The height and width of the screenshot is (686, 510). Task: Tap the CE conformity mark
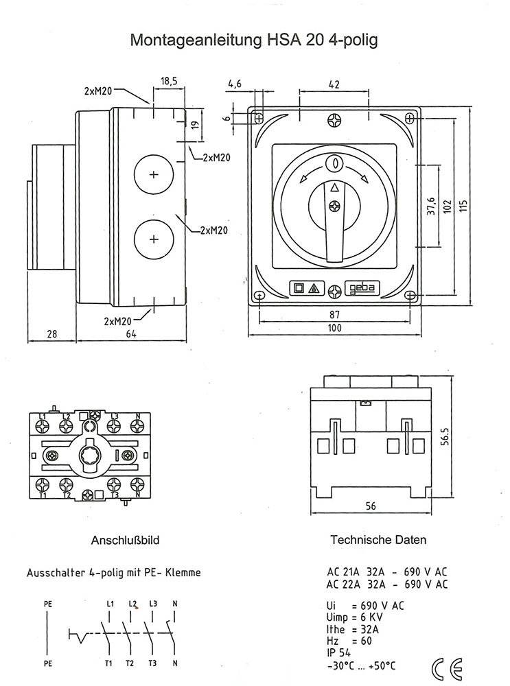point(447,667)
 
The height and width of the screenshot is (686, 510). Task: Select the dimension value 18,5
point(169,81)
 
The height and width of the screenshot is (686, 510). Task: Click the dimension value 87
point(334,314)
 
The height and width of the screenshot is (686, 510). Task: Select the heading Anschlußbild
point(126,541)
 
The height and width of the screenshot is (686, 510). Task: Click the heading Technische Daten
point(378,540)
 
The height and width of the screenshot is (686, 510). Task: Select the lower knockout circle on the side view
point(153,239)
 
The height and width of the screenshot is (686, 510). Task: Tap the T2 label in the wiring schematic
point(130,663)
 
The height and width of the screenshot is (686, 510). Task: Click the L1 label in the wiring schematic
point(110,604)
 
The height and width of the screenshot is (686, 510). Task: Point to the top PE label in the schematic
point(47,604)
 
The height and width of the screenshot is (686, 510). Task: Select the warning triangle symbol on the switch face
point(314,289)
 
